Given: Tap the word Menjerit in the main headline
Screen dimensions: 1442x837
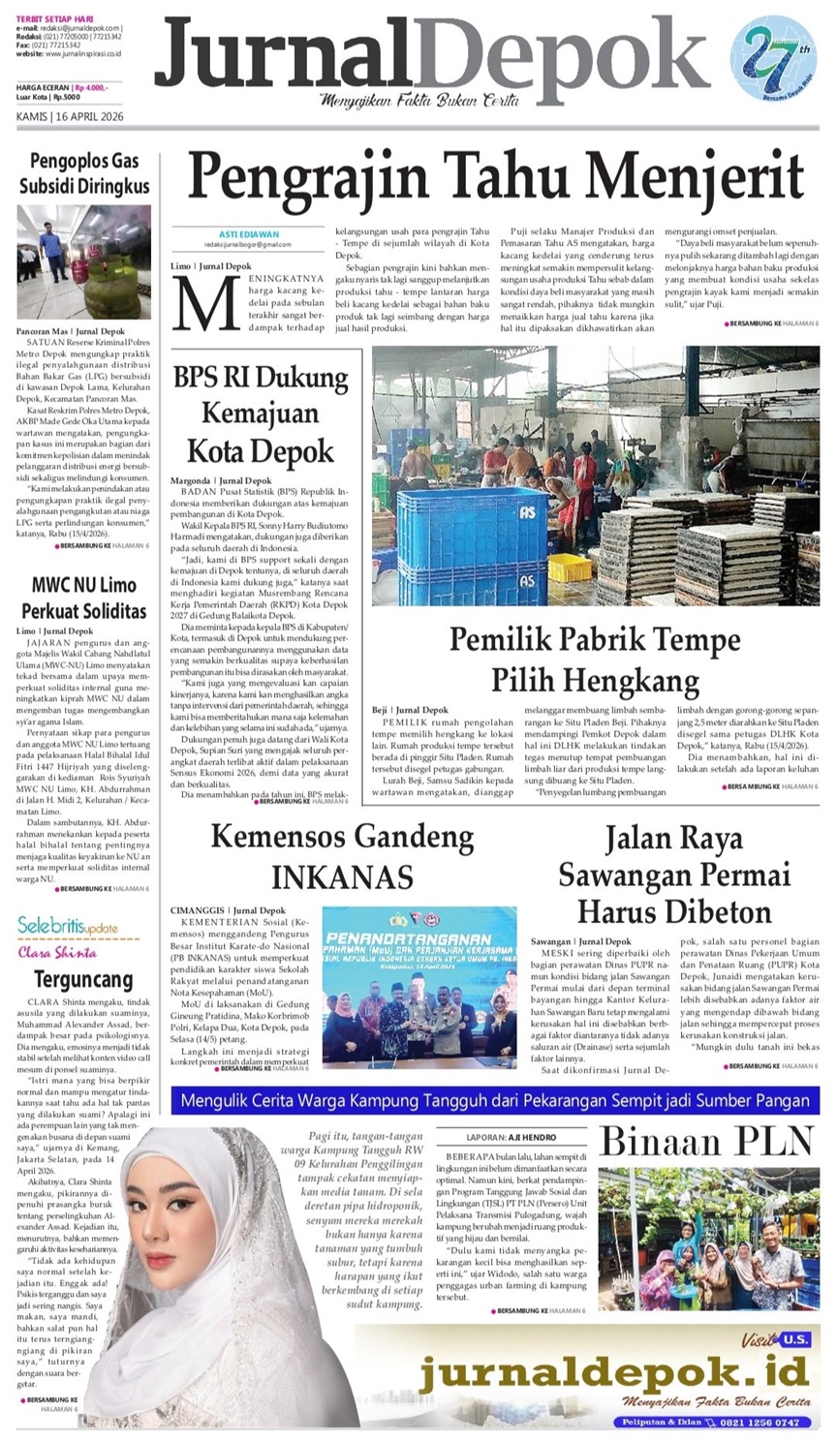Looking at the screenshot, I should point(707,178).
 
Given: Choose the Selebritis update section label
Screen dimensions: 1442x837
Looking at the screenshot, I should point(68,926).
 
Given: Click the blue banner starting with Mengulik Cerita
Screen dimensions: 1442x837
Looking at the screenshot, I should point(494,1100).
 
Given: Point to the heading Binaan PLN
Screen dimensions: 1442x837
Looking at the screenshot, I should point(710,1143).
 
